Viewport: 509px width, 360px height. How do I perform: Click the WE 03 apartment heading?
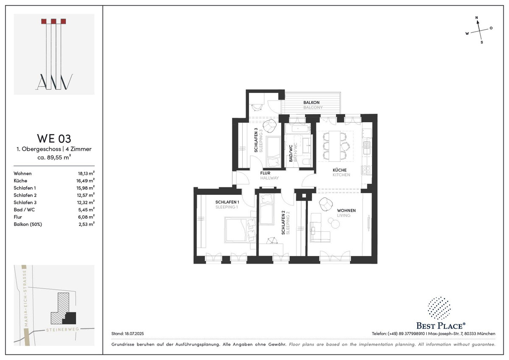point(54,138)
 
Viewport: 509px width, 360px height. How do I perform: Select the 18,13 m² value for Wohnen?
point(87,173)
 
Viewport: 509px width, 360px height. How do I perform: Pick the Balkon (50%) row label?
point(28,224)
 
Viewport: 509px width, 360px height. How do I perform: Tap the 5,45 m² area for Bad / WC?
point(87,210)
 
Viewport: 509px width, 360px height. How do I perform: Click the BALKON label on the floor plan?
point(311,103)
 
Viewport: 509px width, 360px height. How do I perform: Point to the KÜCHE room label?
point(339,170)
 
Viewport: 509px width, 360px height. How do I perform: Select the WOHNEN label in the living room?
point(346,211)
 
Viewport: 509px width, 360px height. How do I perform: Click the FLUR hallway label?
point(265,173)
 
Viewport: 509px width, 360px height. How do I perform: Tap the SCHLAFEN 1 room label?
point(227,202)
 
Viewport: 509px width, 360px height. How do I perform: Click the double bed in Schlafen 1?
point(240,230)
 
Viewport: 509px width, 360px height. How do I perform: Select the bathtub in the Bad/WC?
point(298,129)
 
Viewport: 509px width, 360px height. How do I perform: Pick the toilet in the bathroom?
point(307,162)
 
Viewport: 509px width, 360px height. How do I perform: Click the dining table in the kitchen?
point(335,146)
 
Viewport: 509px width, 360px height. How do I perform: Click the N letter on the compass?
point(477,17)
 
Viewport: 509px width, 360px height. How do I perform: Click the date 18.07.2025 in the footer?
point(134,334)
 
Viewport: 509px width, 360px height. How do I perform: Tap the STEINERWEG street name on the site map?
point(62,329)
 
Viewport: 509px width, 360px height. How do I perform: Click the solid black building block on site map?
point(70,318)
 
